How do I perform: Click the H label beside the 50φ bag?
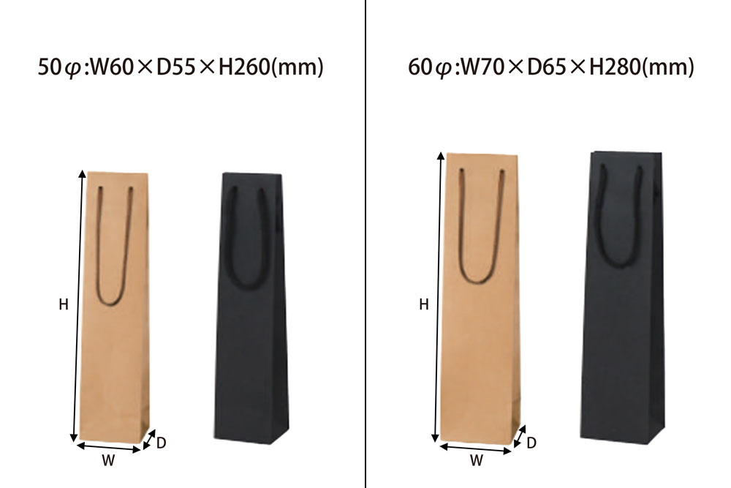coord(64,304)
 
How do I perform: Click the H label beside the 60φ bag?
coord(424,304)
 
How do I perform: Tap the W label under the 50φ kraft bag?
coord(108,460)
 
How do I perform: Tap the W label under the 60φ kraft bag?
coord(476,460)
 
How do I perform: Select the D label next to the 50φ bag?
coord(162,443)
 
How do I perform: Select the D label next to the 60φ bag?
coord(531,443)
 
